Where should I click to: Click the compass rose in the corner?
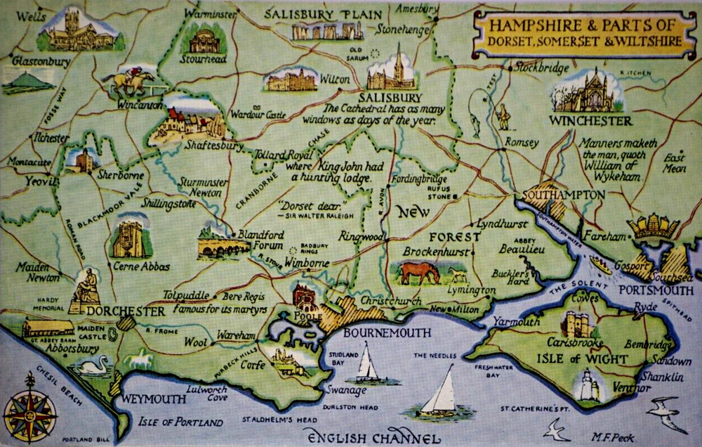click(29, 406)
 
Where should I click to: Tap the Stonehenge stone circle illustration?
click(328, 30)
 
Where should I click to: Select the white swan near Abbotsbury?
click(93, 365)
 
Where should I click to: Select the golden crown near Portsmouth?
click(652, 227)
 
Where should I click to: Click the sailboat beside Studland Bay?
click(365, 365)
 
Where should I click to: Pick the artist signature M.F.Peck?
click(611, 437)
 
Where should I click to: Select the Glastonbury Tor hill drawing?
click(27, 83)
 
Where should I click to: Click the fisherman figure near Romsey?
click(503, 117)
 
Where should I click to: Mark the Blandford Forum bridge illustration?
click(223, 246)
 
